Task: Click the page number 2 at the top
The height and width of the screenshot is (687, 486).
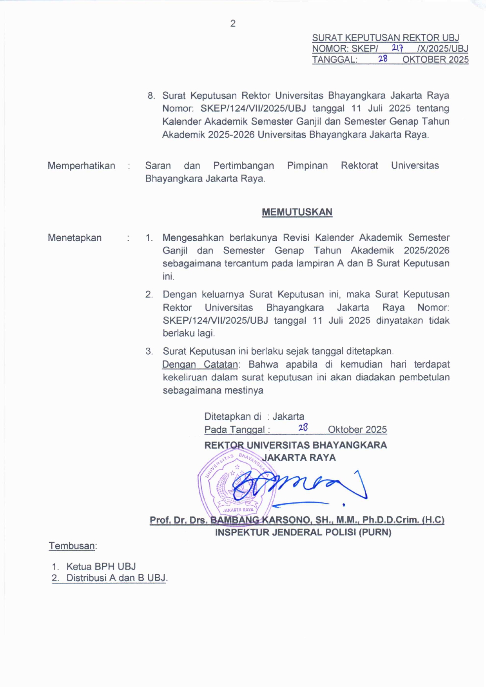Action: coord(233,24)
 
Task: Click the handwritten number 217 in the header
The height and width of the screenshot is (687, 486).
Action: coord(397,48)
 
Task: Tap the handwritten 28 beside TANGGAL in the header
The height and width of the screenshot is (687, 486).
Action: coord(383,59)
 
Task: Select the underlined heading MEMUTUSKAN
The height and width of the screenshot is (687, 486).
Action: coord(297,212)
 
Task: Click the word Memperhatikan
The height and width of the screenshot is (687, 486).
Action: coord(81,166)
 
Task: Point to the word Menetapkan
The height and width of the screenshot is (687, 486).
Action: coord(74,238)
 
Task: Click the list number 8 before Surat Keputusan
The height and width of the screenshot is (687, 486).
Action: coord(151,96)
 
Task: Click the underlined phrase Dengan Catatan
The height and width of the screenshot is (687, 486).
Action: coord(200,364)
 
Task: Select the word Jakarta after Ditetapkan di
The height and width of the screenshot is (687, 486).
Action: coord(288,416)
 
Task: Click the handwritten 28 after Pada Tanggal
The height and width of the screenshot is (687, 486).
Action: coord(303,428)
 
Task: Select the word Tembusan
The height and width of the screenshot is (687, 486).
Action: coord(72,546)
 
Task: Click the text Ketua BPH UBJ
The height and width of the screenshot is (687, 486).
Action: coord(101,566)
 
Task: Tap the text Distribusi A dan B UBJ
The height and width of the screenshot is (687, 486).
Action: coord(116,578)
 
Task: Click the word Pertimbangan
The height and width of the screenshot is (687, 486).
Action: coord(243,166)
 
